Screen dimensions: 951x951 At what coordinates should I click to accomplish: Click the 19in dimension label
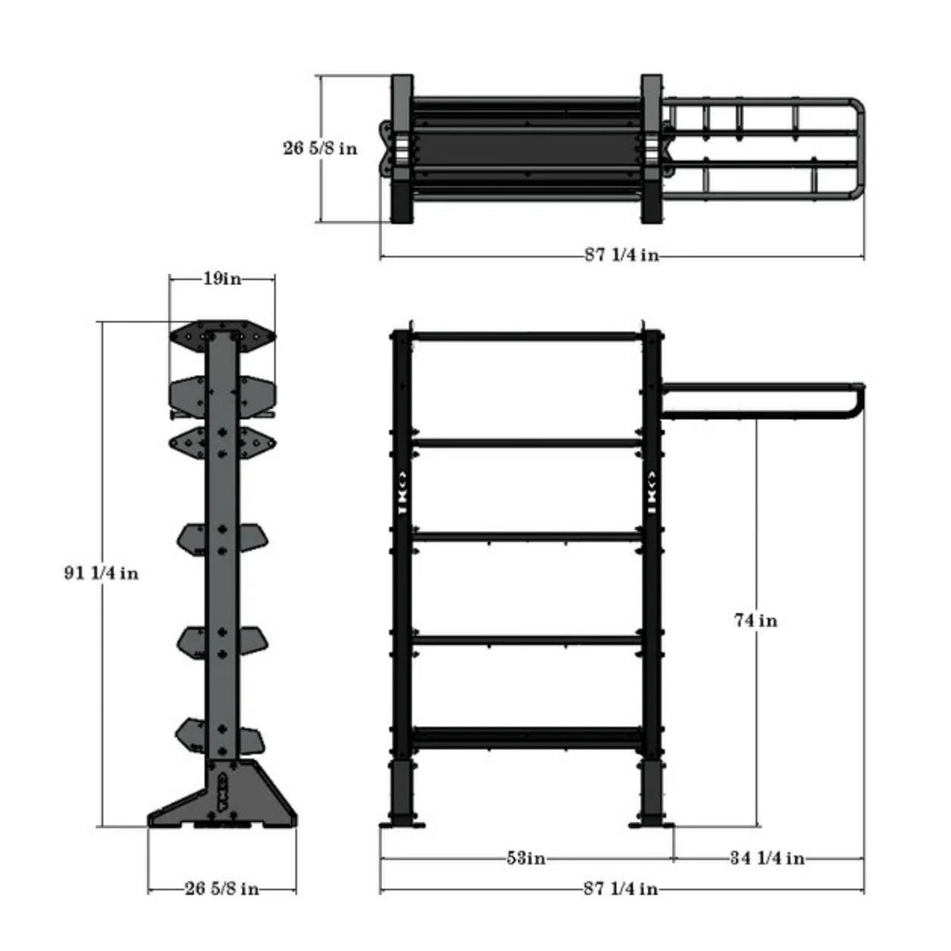(x=222, y=279)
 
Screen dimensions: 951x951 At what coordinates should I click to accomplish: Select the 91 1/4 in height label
(x=101, y=573)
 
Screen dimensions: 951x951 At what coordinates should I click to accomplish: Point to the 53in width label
(x=525, y=858)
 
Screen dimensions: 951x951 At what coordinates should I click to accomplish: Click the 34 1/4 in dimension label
(x=767, y=858)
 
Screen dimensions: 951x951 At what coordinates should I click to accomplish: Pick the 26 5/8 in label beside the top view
(x=319, y=147)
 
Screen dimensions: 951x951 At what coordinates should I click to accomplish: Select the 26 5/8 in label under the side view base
(x=222, y=888)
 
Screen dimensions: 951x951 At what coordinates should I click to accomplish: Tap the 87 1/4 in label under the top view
(x=621, y=255)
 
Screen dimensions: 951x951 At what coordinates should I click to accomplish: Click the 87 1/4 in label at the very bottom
(x=621, y=888)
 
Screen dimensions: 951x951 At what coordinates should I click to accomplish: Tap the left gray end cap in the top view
(x=402, y=148)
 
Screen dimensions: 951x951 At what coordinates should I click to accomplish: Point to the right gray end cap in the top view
(x=651, y=148)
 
